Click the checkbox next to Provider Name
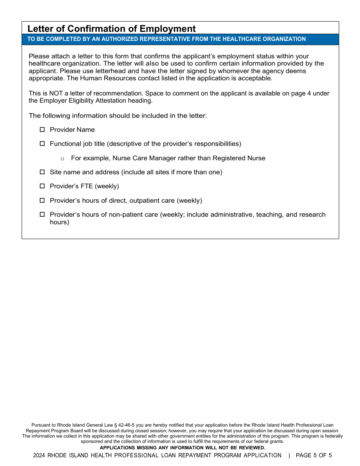[42, 130]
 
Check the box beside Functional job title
[42, 144]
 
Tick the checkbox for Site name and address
[42, 172]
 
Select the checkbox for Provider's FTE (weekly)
[42, 186]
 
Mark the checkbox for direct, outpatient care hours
[42, 200]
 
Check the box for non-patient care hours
[42, 214]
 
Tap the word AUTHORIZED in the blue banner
[116, 39]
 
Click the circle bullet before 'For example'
[62, 158]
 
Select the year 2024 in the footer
[39, 455]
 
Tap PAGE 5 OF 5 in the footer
[313, 455]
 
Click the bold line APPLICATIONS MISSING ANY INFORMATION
[182, 448]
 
